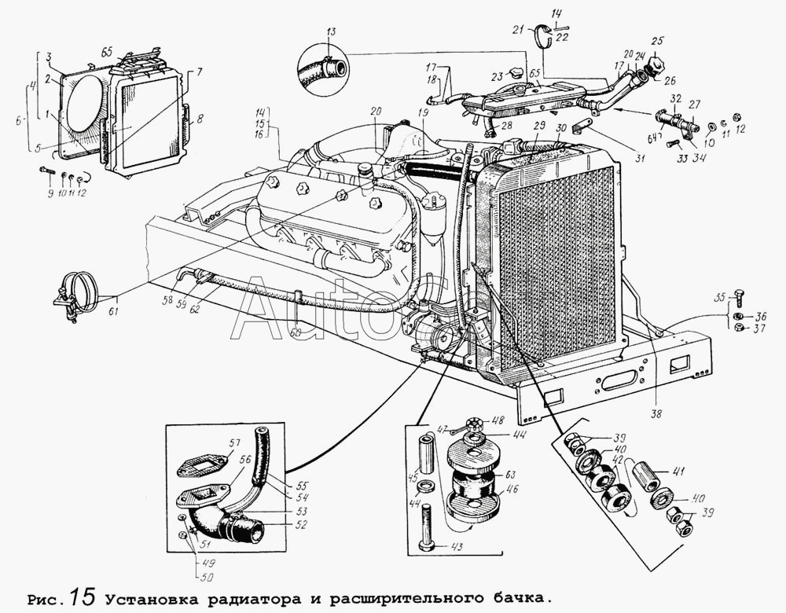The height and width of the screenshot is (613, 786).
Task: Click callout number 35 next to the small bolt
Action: coord(719,298)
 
